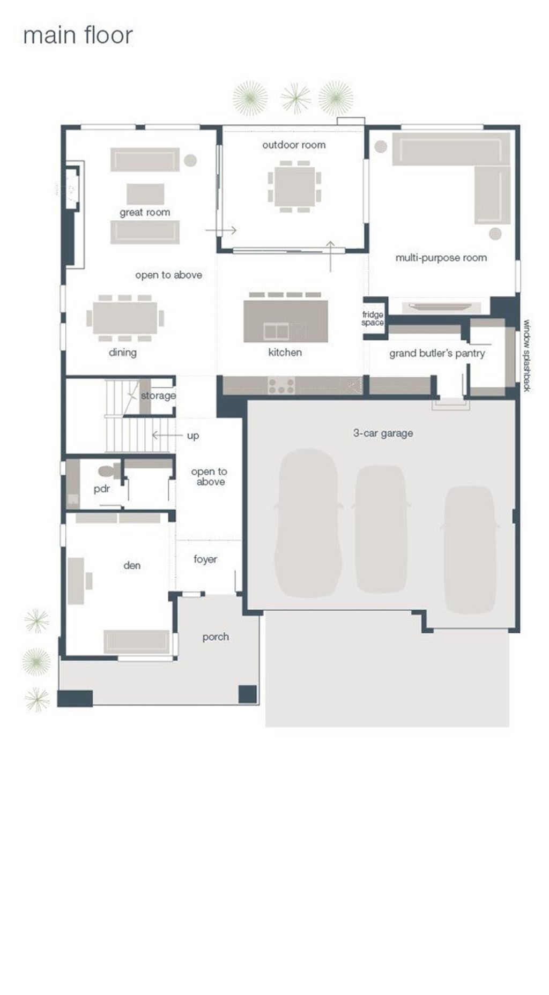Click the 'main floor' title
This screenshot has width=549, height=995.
pyautogui.click(x=78, y=35)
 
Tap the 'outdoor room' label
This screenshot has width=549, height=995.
pyautogui.click(x=294, y=145)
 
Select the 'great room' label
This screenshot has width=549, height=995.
pyautogui.click(x=145, y=212)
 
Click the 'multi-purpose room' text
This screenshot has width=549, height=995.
pyautogui.click(x=441, y=258)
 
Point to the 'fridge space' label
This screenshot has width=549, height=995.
pyautogui.click(x=373, y=318)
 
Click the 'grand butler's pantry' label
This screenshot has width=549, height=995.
pyautogui.click(x=437, y=353)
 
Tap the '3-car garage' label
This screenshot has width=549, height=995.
pyautogui.click(x=383, y=433)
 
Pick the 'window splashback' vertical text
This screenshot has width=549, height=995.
pyautogui.click(x=527, y=355)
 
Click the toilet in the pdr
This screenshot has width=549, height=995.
pyautogui.click(x=109, y=472)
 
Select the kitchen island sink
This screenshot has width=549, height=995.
pyautogui.click(x=277, y=332)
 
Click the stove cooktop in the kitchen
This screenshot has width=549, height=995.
pyautogui.click(x=281, y=386)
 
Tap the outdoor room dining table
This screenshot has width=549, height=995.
pyautogui.click(x=294, y=186)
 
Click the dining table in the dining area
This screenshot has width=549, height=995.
pyautogui.click(x=125, y=318)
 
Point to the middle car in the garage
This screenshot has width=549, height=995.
pyautogui.click(x=381, y=529)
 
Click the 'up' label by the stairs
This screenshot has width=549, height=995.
pyautogui.click(x=193, y=436)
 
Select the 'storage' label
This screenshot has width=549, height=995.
pyautogui.click(x=158, y=395)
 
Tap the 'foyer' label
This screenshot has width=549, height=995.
pyautogui.click(x=205, y=559)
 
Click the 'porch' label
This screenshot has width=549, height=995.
pyautogui.click(x=216, y=637)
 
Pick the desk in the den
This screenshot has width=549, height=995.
pyautogui.click(x=76, y=581)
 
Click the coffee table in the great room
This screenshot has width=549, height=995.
pyautogui.click(x=145, y=194)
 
